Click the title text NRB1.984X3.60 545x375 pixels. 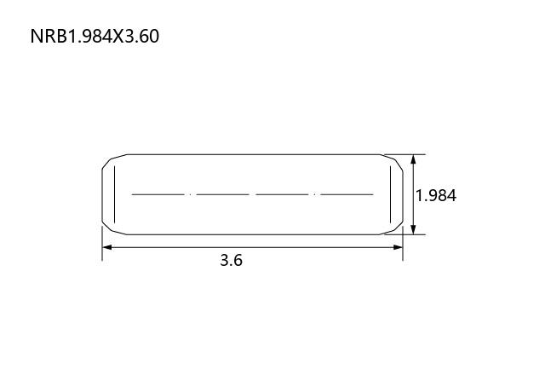point(95,36)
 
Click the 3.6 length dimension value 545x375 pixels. point(231,260)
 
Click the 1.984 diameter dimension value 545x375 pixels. point(436,195)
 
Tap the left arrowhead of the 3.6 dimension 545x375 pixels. point(107,247)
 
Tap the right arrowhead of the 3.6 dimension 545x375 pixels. point(398,247)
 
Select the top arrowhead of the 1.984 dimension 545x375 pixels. point(413,159)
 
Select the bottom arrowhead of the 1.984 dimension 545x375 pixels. point(413,229)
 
